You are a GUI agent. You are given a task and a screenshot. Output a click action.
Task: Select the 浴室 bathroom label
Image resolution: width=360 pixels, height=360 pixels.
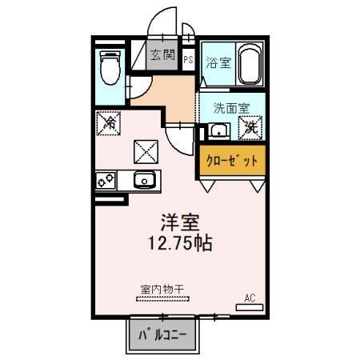218,63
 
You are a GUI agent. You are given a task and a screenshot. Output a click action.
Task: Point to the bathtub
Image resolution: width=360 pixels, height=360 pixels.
250,65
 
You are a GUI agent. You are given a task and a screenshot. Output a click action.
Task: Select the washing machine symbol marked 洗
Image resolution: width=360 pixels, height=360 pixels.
251,126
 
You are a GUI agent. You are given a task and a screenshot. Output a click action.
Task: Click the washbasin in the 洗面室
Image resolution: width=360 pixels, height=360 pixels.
218,131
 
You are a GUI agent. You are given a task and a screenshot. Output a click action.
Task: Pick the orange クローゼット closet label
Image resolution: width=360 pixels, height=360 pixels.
232,161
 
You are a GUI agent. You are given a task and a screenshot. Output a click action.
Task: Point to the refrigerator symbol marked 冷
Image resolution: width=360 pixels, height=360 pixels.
109,123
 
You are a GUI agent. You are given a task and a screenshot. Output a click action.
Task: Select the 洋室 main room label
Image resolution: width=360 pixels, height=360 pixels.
180,222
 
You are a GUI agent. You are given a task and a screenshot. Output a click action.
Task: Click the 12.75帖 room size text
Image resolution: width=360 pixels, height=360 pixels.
180,243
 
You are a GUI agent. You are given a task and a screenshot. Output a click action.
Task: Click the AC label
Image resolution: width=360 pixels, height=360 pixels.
249,298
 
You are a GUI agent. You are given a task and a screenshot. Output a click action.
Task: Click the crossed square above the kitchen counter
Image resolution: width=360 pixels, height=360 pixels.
145,150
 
